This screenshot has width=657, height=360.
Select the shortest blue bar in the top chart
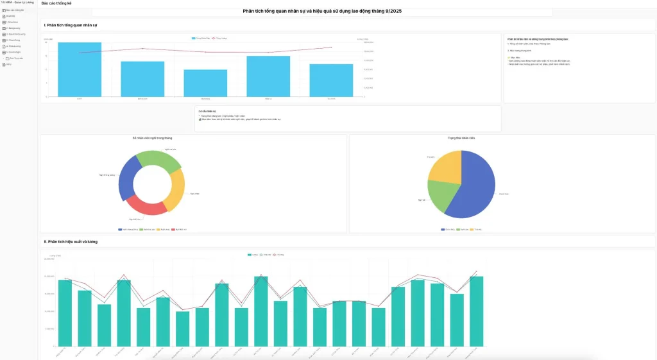coord(205,83)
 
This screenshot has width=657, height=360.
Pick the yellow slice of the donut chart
coord(175,191)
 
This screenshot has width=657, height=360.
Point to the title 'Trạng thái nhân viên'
coord(461,138)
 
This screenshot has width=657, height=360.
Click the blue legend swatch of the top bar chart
coord(194,38)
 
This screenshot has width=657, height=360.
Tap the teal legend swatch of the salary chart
coord(250,255)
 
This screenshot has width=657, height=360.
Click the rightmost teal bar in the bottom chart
coord(476,311)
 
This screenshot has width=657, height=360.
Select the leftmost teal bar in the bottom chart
coord(65,313)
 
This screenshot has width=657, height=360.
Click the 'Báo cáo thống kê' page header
coord(56,3)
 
